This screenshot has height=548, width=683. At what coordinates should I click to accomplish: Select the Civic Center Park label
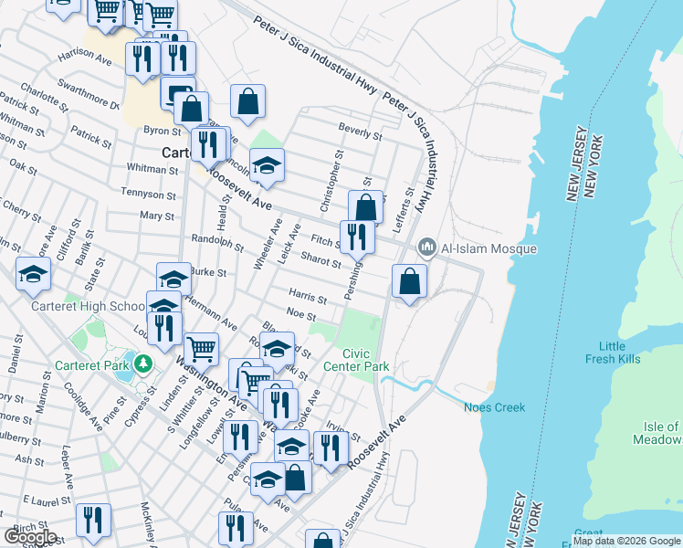coord(366,360)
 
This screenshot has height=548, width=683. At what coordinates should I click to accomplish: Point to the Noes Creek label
coord(495,407)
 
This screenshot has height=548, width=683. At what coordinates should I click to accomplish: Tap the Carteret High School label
coord(88,307)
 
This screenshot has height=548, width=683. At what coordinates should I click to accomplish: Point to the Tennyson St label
coord(151,195)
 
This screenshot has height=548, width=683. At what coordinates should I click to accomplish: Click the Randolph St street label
coord(217,242)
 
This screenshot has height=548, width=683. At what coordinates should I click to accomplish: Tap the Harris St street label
coord(308,297)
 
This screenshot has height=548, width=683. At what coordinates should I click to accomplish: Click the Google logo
coord(30,537)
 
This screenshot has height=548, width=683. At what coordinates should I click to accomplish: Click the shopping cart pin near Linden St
coord(201,348)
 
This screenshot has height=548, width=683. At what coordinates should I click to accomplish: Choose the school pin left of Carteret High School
coord(32,274)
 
